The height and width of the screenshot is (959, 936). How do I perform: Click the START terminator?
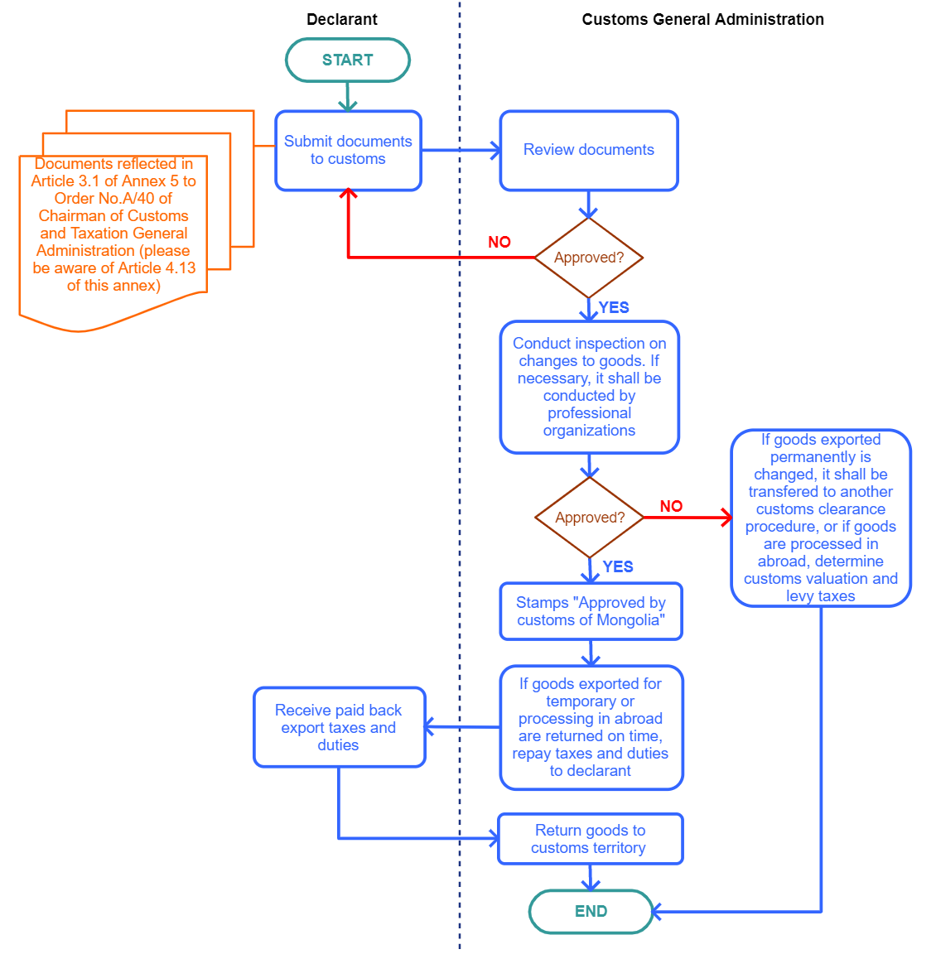[348, 60]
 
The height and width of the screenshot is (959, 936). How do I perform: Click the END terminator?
[591, 911]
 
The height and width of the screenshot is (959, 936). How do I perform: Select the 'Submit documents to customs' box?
[348, 151]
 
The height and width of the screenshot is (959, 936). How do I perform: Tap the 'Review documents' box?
[588, 151]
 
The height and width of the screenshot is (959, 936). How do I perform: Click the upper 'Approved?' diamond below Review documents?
[588, 258]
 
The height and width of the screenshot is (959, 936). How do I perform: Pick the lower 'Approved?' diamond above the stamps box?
[589, 518]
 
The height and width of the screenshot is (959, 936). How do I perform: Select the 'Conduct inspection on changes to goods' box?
[589, 387]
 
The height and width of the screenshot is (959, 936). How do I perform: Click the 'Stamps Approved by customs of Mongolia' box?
[591, 612]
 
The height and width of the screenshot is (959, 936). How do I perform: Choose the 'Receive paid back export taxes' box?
[339, 727]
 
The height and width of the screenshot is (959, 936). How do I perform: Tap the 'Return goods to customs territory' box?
[591, 839]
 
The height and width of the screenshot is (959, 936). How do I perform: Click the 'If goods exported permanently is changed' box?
[821, 518]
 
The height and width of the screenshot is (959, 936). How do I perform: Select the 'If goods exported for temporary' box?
[591, 728]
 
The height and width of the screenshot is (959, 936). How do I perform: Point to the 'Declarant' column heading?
[342, 20]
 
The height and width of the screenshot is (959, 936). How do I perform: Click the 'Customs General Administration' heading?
[703, 20]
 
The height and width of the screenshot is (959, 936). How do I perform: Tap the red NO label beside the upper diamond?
[499, 242]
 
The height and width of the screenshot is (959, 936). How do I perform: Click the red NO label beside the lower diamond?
[671, 506]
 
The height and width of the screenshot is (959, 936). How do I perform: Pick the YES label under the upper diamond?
[614, 307]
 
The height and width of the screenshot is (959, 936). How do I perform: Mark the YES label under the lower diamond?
[618, 567]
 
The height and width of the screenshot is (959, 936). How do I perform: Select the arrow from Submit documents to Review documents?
[461, 151]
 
